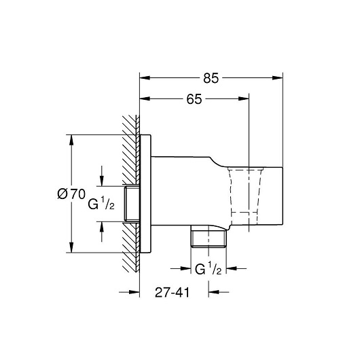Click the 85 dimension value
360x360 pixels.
coord(211,78)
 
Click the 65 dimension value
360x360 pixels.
coord(194,99)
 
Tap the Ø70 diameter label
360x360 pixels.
coord(71,194)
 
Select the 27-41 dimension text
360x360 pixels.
coord(173,293)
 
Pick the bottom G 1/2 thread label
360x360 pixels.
coord(209,268)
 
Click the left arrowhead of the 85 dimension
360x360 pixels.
coord(145,78)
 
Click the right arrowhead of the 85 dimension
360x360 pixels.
coord(278,78)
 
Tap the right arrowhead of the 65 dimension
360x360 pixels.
coord(244,98)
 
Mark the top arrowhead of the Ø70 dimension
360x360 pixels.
coord(71,140)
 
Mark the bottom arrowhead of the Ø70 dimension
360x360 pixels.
coord(71,247)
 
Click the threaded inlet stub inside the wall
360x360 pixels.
coord(132,204)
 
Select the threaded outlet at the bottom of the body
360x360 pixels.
coord(209,236)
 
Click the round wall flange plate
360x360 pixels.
coord(145,194)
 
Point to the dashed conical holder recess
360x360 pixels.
coord(245,196)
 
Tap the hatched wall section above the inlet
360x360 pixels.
coord(131,149)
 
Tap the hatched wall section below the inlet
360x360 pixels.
coord(131,247)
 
